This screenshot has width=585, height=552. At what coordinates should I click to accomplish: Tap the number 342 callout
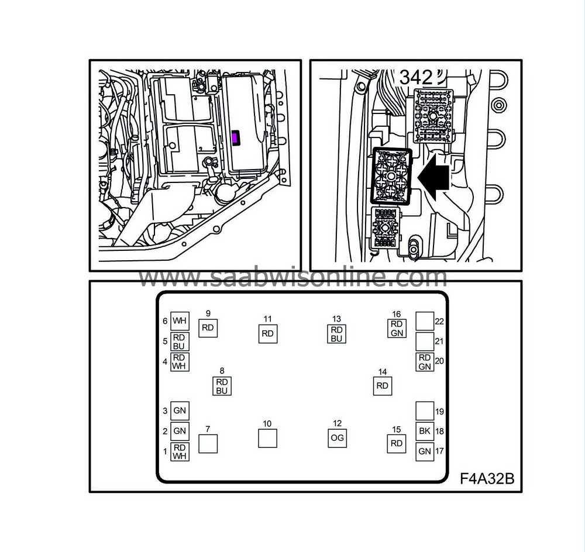click(417, 77)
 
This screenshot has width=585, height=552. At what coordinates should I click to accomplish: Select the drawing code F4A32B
click(487, 479)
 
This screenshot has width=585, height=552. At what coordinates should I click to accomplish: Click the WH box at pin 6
click(180, 320)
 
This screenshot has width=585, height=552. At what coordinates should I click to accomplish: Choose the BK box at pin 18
click(425, 431)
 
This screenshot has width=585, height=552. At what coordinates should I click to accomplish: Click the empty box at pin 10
click(267, 439)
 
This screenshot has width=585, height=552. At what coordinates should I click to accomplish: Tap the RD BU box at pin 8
click(221, 386)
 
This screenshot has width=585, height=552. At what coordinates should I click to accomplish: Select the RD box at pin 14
click(383, 386)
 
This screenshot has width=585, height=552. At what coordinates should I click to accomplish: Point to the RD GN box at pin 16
click(397, 328)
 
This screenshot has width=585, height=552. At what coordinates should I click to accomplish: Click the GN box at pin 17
click(425, 451)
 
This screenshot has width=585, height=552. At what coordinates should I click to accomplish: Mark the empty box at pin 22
click(425, 320)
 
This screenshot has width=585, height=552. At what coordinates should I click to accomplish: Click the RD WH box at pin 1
click(180, 451)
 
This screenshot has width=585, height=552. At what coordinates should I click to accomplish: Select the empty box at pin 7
click(208, 444)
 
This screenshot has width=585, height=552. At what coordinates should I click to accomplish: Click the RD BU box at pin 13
click(336, 334)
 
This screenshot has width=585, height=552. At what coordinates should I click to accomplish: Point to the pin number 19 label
click(440, 411)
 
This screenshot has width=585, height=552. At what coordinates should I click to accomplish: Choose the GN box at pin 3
click(180, 411)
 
